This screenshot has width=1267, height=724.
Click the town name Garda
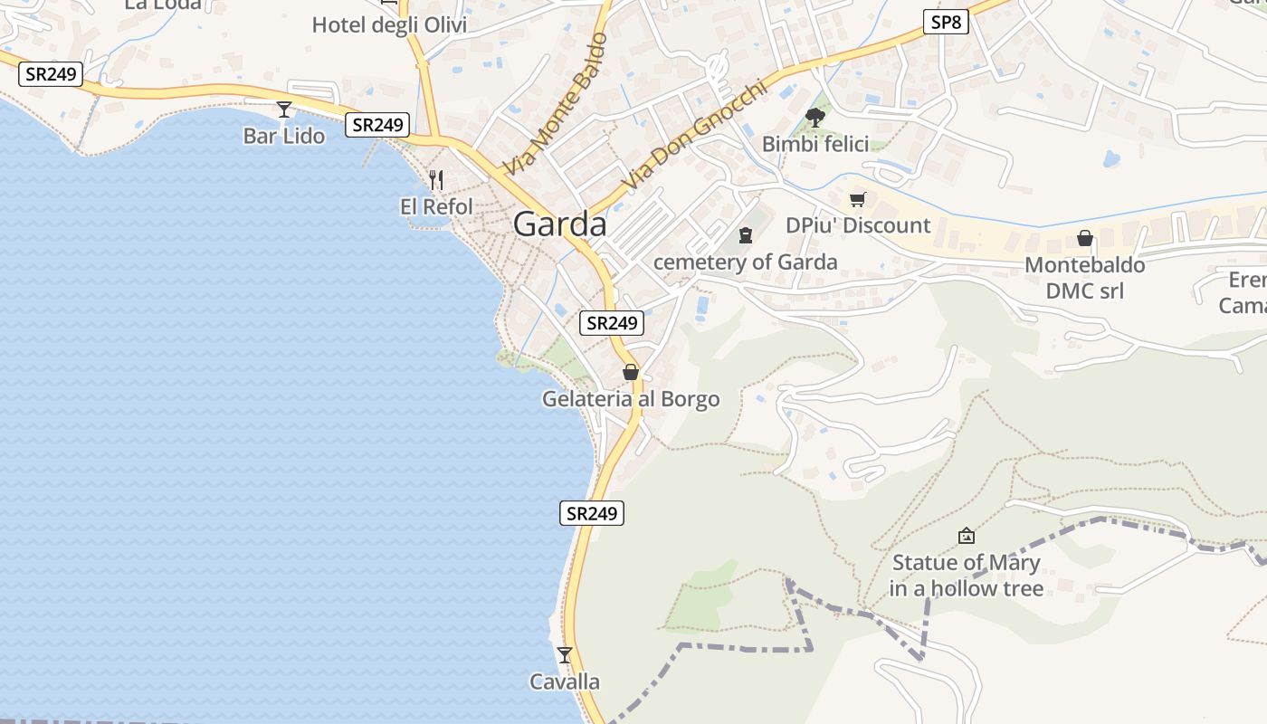559,224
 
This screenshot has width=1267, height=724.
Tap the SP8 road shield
946,22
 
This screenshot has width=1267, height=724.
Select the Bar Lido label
283,137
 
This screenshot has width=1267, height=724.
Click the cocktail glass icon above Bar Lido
284,110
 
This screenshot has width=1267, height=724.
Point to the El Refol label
436,207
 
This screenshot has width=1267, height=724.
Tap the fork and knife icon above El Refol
436,179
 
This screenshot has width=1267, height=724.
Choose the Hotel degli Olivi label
389,24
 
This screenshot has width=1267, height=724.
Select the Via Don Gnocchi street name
694,136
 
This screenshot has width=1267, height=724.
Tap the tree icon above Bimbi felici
814,117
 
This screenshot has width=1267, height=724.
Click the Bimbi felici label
814,144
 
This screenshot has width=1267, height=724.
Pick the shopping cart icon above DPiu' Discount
857,199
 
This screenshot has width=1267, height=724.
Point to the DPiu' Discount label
857,225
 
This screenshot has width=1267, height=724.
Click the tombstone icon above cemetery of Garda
745,235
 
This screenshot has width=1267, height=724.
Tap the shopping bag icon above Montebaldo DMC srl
1084,239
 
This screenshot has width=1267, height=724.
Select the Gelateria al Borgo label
631,399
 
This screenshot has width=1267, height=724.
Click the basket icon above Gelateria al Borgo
631,372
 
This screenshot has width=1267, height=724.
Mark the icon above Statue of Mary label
966,536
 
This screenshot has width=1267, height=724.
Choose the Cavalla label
565,681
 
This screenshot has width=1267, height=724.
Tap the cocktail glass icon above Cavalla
565,654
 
